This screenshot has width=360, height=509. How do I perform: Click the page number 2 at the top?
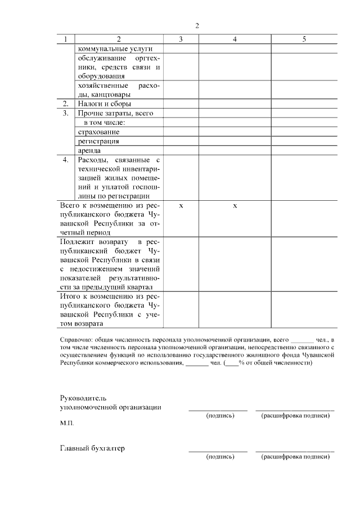(197, 26)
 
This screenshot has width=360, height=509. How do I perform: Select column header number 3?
(181, 39)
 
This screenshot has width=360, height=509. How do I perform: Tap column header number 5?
(304, 39)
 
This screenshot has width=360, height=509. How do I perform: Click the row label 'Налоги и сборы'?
(105, 103)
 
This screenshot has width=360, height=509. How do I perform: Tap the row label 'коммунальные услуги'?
(107, 48)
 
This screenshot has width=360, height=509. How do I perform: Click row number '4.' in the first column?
(66, 160)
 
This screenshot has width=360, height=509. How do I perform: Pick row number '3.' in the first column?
(66, 113)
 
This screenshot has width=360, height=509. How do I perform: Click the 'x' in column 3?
(181, 206)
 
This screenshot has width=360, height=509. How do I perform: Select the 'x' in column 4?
(235, 206)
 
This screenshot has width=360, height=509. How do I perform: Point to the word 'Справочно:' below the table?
(75, 340)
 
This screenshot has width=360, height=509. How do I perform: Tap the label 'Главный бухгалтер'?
(92, 449)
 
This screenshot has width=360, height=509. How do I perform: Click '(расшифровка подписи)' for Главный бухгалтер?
(295, 457)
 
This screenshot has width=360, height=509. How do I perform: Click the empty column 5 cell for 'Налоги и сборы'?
(304, 103)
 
